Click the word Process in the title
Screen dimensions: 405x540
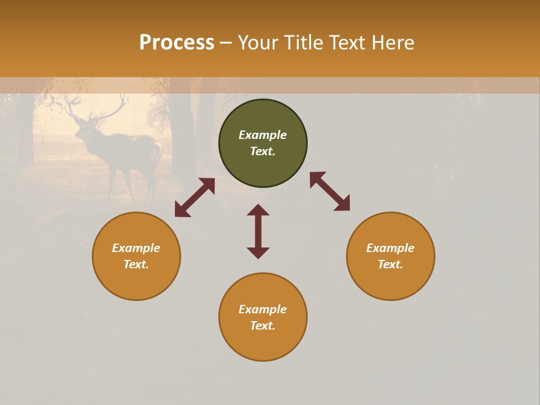click(x=177, y=43)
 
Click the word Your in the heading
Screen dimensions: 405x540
click(x=257, y=43)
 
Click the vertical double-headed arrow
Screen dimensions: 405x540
click(x=258, y=231)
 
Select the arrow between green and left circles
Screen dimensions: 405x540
click(x=195, y=197)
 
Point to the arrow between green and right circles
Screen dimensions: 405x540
click(x=330, y=191)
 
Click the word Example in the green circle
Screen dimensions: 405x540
click(x=263, y=135)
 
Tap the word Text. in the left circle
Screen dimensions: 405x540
click(x=136, y=264)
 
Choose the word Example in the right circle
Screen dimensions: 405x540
click(x=390, y=248)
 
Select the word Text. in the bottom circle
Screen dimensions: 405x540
click(x=263, y=326)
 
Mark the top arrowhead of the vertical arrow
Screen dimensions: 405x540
click(x=258, y=209)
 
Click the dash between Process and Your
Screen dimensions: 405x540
click(x=226, y=43)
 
